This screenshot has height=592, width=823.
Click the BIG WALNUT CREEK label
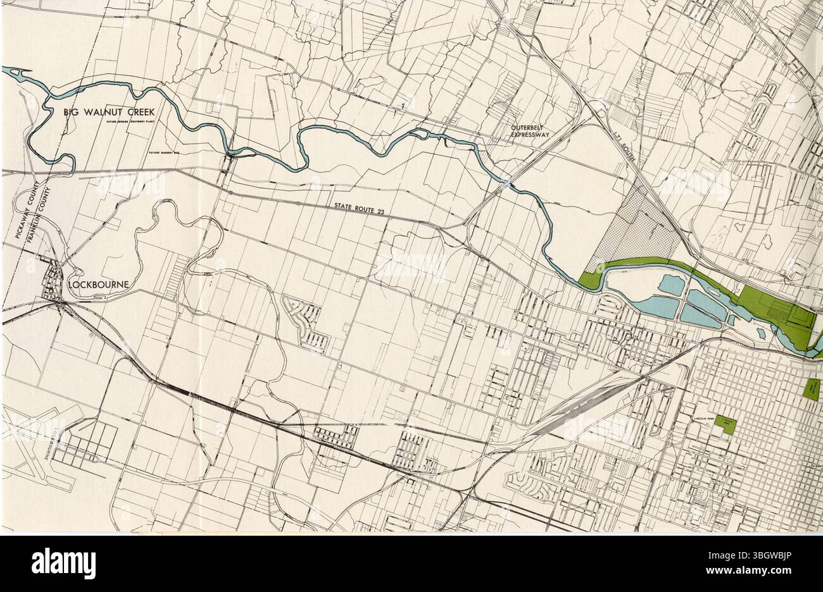coord(109,112)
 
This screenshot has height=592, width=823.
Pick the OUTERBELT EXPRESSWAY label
coord(532,130)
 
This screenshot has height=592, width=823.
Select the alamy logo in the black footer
coord(63,562)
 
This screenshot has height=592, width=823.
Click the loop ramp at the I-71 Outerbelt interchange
coord(601,114)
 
